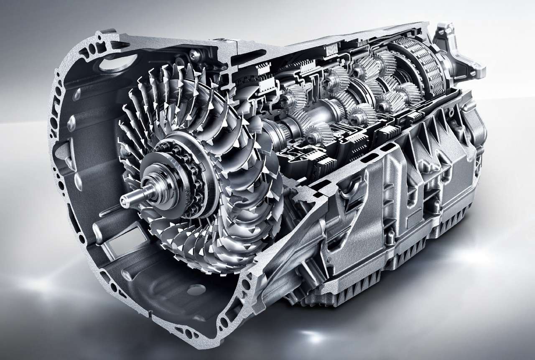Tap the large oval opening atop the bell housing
point(112,65)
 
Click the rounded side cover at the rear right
point(476,125)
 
